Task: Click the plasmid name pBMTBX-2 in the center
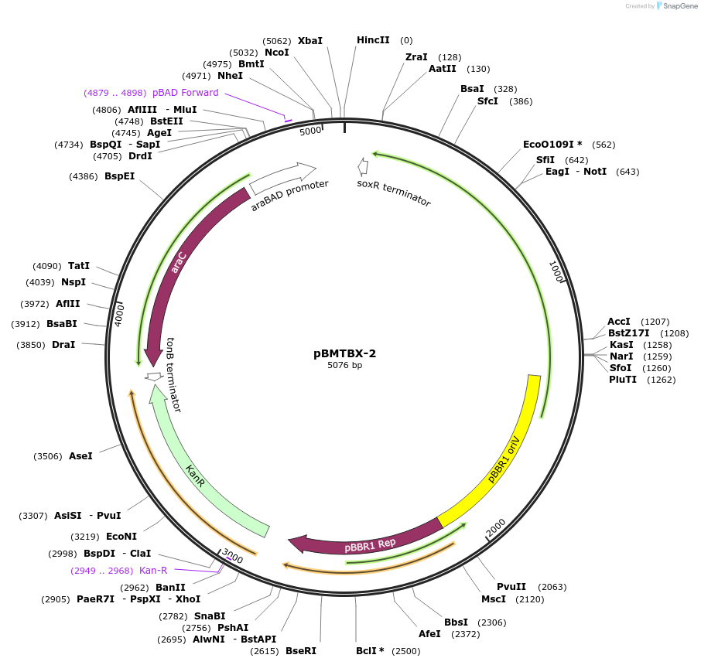click(344, 353)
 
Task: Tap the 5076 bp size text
click(344, 366)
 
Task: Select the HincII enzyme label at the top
click(373, 40)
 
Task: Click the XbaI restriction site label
click(310, 40)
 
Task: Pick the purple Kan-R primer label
click(153, 571)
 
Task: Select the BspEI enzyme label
click(120, 176)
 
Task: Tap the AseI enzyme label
click(80, 456)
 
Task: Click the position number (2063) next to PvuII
click(553, 587)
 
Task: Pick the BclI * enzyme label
click(370, 650)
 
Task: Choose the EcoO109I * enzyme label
click(552, 145)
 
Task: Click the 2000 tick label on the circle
click(495, 528)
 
